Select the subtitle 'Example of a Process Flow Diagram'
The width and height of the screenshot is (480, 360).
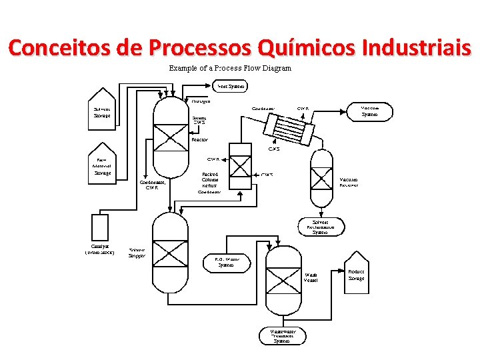[230, 68]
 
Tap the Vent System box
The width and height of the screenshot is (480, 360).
[231, 86]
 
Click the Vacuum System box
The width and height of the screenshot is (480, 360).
[369, 111]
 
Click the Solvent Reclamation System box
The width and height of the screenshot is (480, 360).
[320, 227]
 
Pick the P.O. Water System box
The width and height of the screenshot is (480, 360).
[227, 261]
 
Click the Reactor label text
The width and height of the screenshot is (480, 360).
[199, 140]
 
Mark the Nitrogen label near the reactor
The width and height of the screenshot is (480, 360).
[201, 101]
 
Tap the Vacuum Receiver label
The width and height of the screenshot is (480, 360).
[349, 182]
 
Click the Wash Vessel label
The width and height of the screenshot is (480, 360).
[311, 277]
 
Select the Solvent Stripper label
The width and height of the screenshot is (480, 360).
[137, 253]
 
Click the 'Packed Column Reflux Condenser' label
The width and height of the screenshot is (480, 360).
[210, 183]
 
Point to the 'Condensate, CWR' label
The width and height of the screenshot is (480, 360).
[152, 185]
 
